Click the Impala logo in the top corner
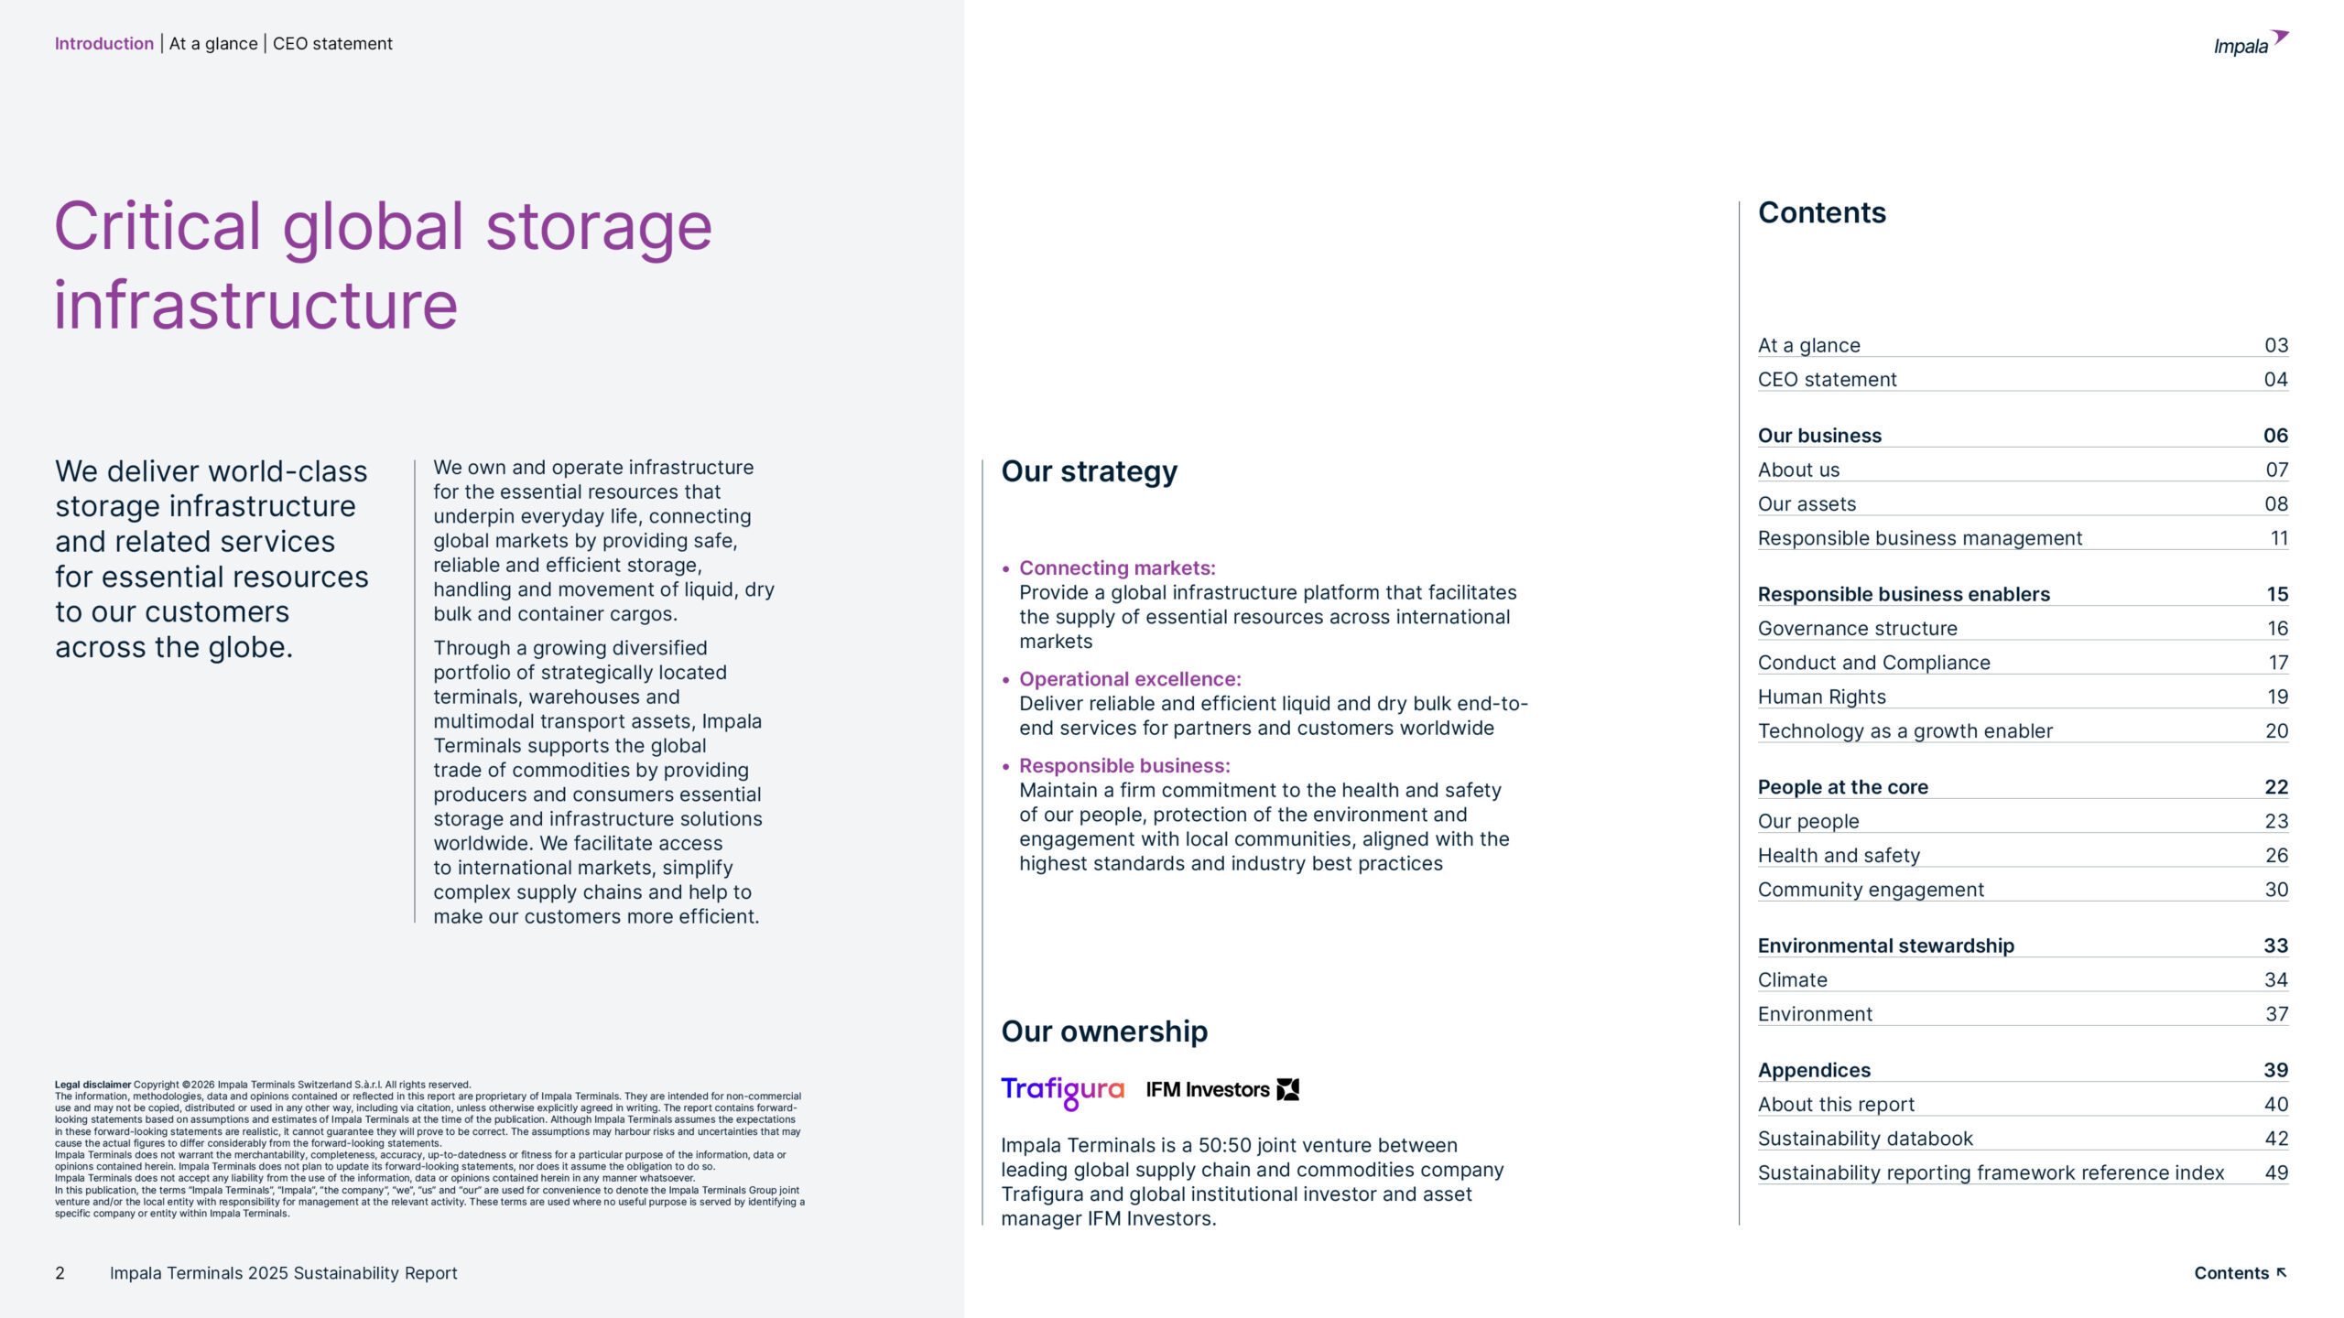click(2249, 43)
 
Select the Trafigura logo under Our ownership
click(1062, 1090)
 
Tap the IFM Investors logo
click(1221, 1089)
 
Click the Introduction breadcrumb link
click(103, 43)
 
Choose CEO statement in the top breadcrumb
click(332, 43)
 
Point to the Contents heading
click(1821, 212)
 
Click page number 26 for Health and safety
click(2275, 855)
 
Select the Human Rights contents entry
click(1821, 697)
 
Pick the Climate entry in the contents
click(1792, 979)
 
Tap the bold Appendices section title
click(1814, 1069)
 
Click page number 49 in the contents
click(2275, 1172)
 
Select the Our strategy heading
click(1089, 471)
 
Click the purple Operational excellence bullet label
click(1130, 679)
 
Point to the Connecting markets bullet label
click(1117, 567)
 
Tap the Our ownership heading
click(1103, 1032)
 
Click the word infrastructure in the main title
click(255, 305)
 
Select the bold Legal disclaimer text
click(92, 1085)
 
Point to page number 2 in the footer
click(60, 1273)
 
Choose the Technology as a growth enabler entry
click(1904, 730)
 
